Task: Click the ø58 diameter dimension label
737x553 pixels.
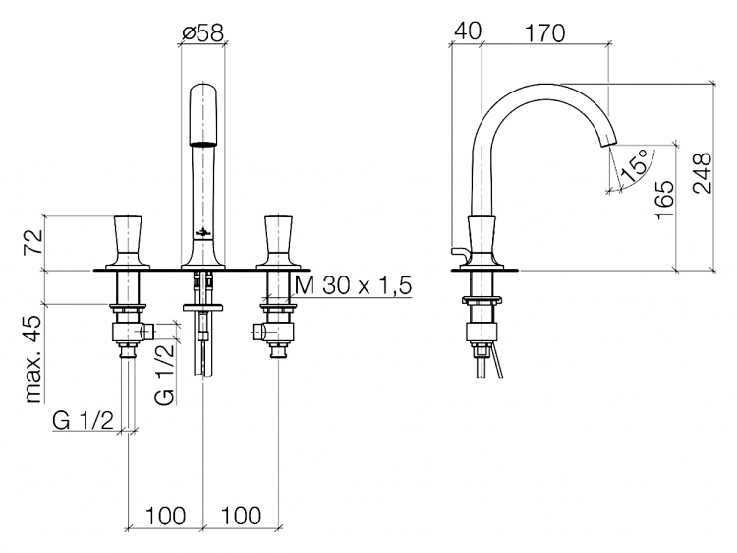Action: (x=202, y=32)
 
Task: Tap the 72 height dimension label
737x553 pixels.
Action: (x=34, y=242)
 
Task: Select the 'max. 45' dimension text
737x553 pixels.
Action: (x=34, y=359)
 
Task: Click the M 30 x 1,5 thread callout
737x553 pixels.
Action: (x=354, y=285)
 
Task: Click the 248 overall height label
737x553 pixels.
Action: (x=702, y=173)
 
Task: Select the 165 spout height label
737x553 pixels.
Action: (x=664, y=200)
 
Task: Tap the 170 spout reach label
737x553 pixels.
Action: (x=544, y=32)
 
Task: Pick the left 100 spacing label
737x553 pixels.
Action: (x=165, y=516)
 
